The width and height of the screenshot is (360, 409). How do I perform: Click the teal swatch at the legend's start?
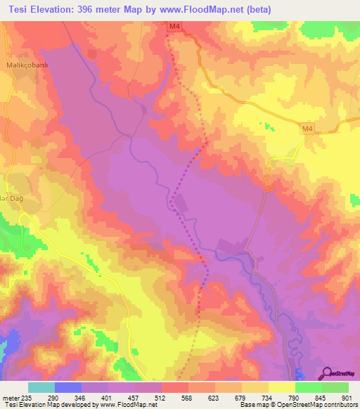click(41, 387)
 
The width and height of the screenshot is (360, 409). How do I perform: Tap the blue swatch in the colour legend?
click(68, 387)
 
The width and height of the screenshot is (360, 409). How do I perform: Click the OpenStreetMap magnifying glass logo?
click(327, 374)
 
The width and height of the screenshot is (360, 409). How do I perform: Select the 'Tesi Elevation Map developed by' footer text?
click(49, 404)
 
